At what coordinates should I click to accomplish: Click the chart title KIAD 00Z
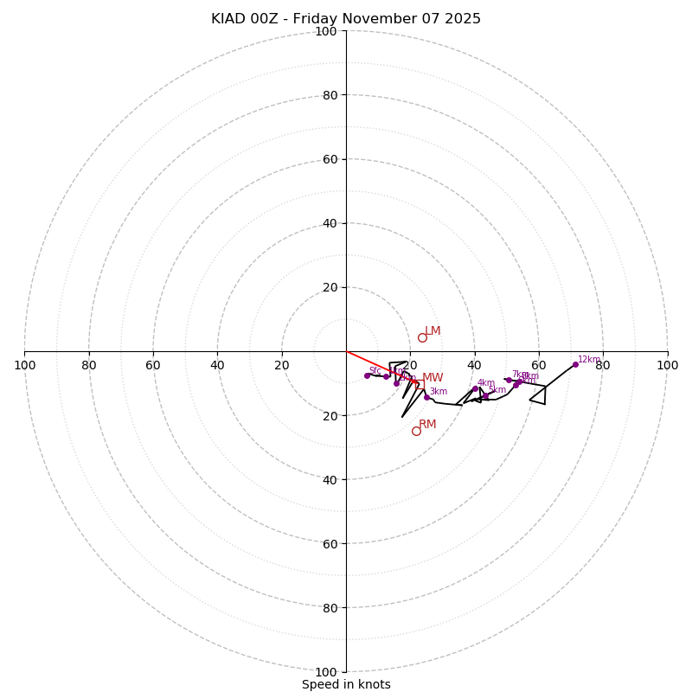[x=346, y=19]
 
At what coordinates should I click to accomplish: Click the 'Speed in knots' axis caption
[x=346, y=684]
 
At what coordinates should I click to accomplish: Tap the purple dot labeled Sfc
[x=367, y=375]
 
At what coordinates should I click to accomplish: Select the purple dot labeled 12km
[x=575, y=364]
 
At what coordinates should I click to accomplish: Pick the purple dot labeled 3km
[x=426, y=397]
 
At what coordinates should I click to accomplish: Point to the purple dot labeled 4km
[x=475, y=388]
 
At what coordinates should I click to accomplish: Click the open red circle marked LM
[x=422, y=337]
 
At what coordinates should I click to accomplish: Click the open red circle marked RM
[x=416, y=431]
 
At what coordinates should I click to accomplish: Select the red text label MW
[x=432, y=378]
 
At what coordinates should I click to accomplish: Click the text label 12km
[x=589, y=360]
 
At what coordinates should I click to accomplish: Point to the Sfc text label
[x=375, y=370]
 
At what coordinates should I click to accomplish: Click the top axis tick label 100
[x=325, y=31]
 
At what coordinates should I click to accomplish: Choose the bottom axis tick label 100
[x=325, y=671]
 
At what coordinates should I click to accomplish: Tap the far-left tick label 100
[x=24, y=365]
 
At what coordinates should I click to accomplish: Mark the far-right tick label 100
[x=667, y=365]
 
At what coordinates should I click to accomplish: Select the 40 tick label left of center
[x=217, y=365]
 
